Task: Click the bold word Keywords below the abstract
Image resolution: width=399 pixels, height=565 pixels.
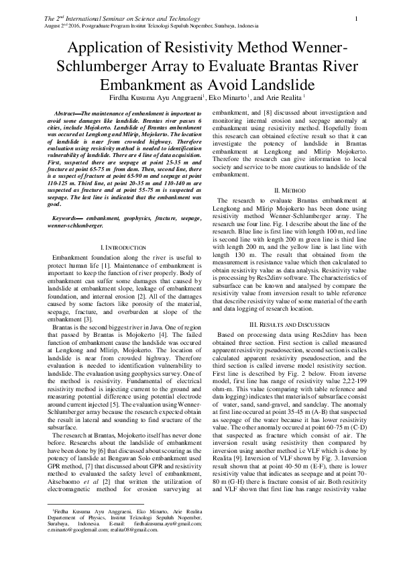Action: click(67, 218)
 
